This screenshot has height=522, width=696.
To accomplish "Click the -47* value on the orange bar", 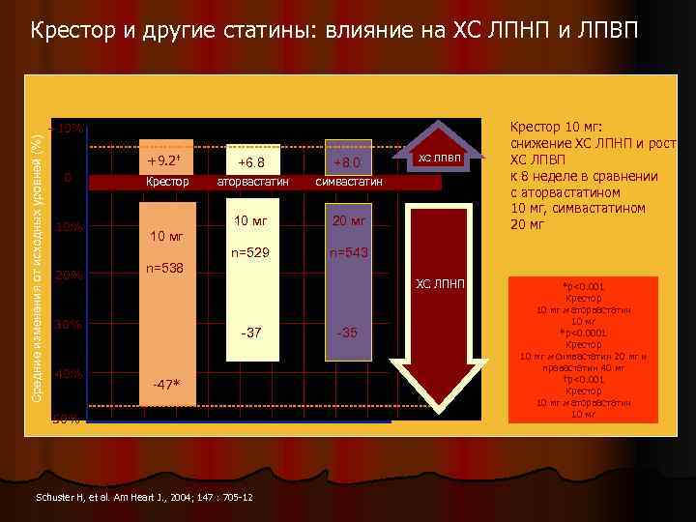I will coord(165,386).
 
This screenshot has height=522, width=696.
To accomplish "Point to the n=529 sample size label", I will coord(251,253).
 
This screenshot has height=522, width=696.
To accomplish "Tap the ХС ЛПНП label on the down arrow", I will coord(440,283).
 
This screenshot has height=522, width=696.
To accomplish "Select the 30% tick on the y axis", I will coord(68,325).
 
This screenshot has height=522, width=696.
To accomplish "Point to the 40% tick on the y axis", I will coord(68,373).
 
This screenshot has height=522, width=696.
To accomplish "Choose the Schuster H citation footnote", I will coord(143,497).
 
